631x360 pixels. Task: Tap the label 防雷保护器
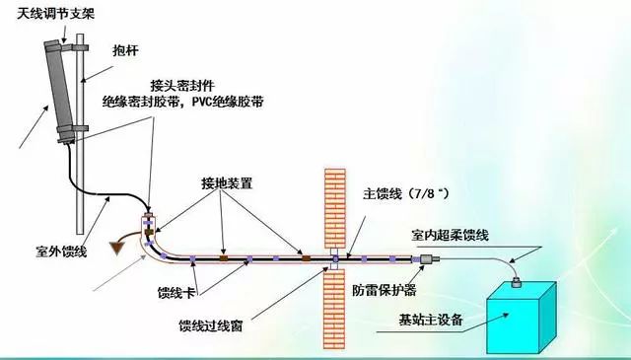click(384, 292)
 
